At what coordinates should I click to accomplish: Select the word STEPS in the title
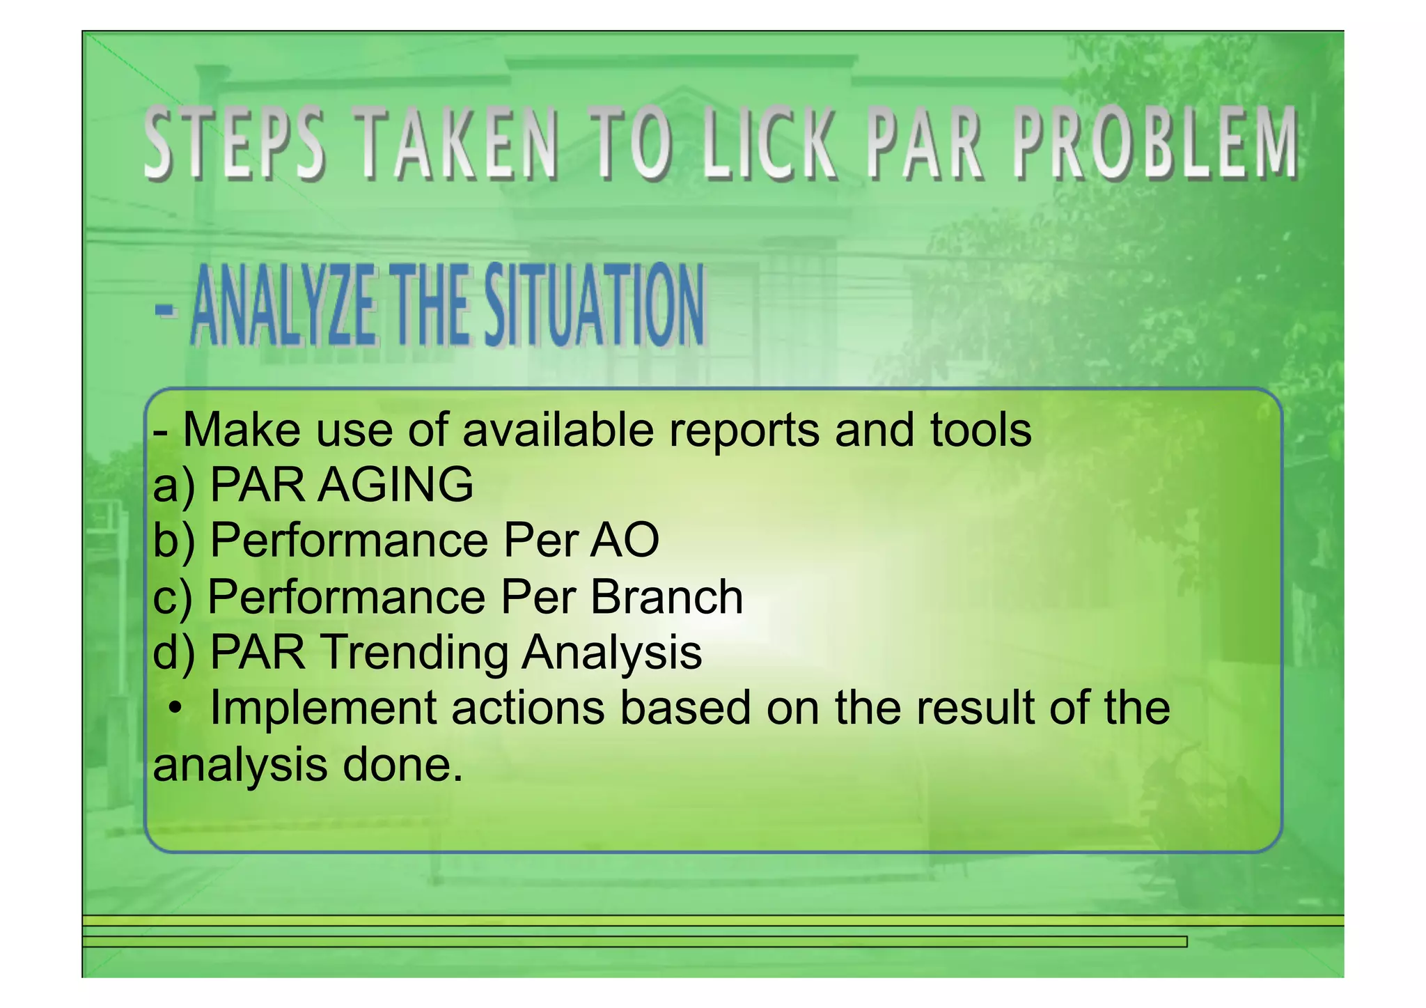coord(235,144)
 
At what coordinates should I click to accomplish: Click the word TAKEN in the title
coord(460,144)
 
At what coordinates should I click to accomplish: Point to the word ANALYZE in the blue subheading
coord(282,307)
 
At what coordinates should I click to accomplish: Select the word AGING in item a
coord(395,485)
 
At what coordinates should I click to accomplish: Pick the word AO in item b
coord(625,541)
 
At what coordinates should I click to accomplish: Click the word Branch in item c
coord(666,597)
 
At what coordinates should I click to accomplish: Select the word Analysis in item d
coord(612,653)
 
